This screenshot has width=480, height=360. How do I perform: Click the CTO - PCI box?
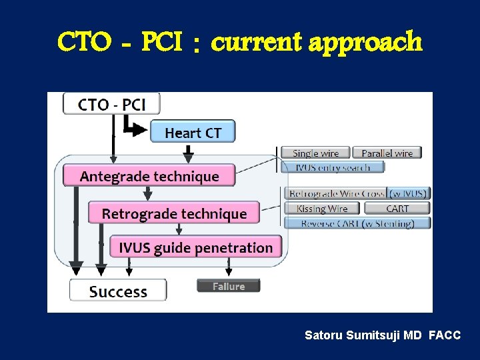coord(111,104)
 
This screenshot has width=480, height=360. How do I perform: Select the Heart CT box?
coord(193,132)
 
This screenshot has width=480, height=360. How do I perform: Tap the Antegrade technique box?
coord(149,176)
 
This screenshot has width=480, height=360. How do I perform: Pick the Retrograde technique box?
coord(174,213)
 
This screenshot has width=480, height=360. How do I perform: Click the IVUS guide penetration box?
coord(195,248)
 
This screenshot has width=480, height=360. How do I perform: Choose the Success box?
coord(118,291)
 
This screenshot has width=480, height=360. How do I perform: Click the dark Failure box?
coord(228,286)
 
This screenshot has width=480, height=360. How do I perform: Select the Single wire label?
coord(315,153)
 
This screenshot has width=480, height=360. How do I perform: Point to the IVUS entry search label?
coord(333,167)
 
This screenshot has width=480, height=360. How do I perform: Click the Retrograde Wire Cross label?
coord(336,193)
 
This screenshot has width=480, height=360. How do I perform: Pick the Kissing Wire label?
coord(322,209)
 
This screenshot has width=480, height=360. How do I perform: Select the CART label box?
coord(397,209)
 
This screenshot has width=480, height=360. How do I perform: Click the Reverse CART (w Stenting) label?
coord(357,223)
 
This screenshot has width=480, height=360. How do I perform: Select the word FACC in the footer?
coord(445,335)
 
